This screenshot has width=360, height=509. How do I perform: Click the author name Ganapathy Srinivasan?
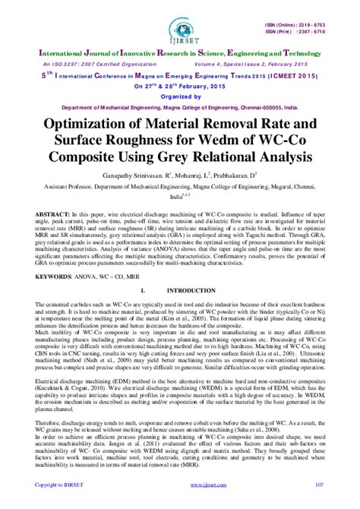point(135,176)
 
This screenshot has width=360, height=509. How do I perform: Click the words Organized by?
point(180,96)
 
